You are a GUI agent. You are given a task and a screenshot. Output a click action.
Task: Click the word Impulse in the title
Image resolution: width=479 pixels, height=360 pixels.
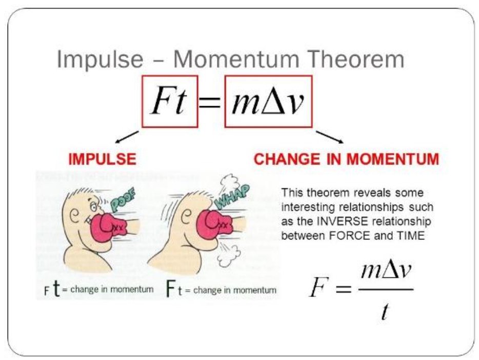point(100,59)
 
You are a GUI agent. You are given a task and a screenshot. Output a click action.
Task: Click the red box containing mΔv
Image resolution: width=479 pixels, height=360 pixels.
point(268,101)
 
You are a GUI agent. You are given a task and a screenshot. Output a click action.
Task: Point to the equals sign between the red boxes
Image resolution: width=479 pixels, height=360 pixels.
point(211,103)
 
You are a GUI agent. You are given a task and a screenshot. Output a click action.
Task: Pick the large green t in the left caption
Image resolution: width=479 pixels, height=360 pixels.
point(57,289)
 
